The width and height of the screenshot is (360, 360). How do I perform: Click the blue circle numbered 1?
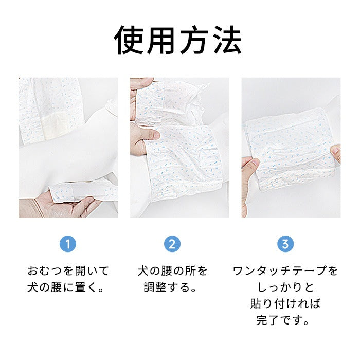[68, 244]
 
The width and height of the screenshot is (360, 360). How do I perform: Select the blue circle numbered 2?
[172, 244]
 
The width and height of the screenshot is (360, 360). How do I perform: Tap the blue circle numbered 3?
[285, 244]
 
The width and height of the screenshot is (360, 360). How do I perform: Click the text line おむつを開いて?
[68, 271]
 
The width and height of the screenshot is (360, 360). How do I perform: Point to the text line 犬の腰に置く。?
[66, 287]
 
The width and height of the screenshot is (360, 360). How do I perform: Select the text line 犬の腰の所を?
[172, 271]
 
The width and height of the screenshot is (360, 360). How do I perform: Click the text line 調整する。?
[170, 287]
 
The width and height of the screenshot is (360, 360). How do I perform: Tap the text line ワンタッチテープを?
[285, 271]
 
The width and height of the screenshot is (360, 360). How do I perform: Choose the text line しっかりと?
[285, 287]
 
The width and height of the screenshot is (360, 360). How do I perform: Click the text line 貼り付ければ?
[285, 304]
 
